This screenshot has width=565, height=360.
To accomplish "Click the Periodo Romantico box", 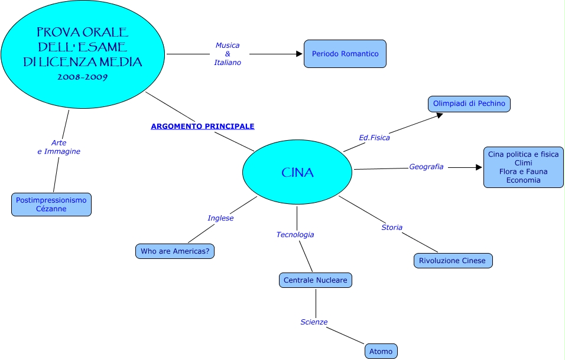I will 345,54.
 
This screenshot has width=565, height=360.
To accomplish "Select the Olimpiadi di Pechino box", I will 469,104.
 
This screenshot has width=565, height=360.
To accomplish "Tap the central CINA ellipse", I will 297,173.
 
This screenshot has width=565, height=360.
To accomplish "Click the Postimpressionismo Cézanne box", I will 51,205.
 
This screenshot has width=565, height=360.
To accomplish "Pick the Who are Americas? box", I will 175,251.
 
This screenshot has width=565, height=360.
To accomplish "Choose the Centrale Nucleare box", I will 315,280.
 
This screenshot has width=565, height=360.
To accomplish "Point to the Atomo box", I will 381,351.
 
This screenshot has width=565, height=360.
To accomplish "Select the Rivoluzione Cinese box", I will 453,261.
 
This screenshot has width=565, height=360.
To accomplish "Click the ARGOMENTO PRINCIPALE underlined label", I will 203,127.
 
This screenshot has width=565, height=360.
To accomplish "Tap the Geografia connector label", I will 426,167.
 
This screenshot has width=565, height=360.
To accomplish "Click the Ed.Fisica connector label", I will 374,138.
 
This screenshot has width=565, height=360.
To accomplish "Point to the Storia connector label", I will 392,228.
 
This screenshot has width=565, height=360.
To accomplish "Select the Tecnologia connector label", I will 295,235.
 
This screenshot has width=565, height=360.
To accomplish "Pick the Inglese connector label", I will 220,218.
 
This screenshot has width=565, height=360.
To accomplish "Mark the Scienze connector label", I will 314,322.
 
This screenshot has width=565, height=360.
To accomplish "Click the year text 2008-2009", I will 82,77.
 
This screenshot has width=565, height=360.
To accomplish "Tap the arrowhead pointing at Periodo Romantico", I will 300,54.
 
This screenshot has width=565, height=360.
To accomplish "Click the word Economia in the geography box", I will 523,180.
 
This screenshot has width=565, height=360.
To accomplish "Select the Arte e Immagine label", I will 59,147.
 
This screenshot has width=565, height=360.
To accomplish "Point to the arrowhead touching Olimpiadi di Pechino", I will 439,115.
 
